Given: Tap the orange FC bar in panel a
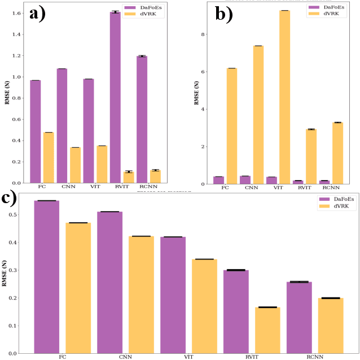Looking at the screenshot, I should coord(49,157).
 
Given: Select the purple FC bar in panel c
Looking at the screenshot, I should coord(46,276).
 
